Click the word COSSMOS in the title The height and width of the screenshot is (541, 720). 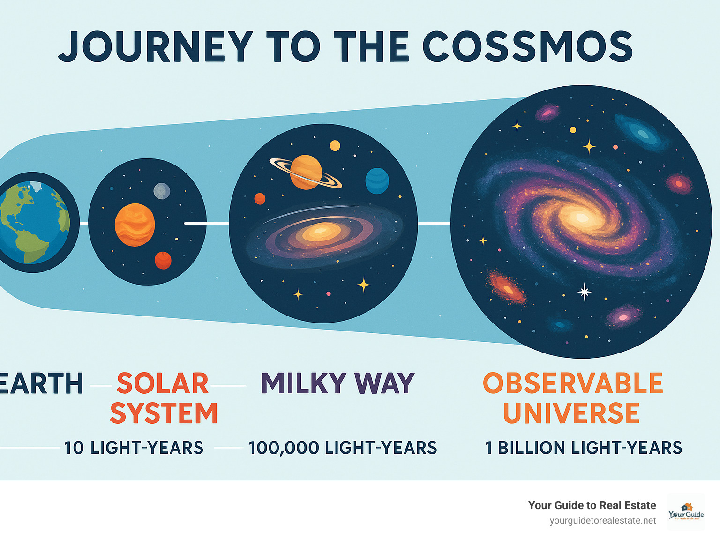[527, 47]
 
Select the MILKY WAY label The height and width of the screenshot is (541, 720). [337, 383]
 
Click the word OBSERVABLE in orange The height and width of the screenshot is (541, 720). [573, 383]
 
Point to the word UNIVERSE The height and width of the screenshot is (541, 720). [571, 413]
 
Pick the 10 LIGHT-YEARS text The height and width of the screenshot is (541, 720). [134, 448]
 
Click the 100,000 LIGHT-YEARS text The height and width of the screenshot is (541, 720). [343, 448]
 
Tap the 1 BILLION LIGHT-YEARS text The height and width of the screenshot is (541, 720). [584, 448]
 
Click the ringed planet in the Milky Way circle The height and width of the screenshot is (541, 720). [306, 172]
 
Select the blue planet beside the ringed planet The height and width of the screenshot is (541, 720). [377, 181]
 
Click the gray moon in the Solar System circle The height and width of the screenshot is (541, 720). [162, 191]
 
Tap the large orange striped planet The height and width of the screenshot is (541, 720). [135, 225]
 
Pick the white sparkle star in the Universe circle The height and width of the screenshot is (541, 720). [584, 292]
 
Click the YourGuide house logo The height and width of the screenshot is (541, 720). [686, 512]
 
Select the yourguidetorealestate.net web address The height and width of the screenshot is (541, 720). [603, 521]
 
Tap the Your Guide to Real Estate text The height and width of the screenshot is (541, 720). [592, 505]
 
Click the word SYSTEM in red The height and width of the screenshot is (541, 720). [164, 413]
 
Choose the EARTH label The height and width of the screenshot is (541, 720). [41, 383]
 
